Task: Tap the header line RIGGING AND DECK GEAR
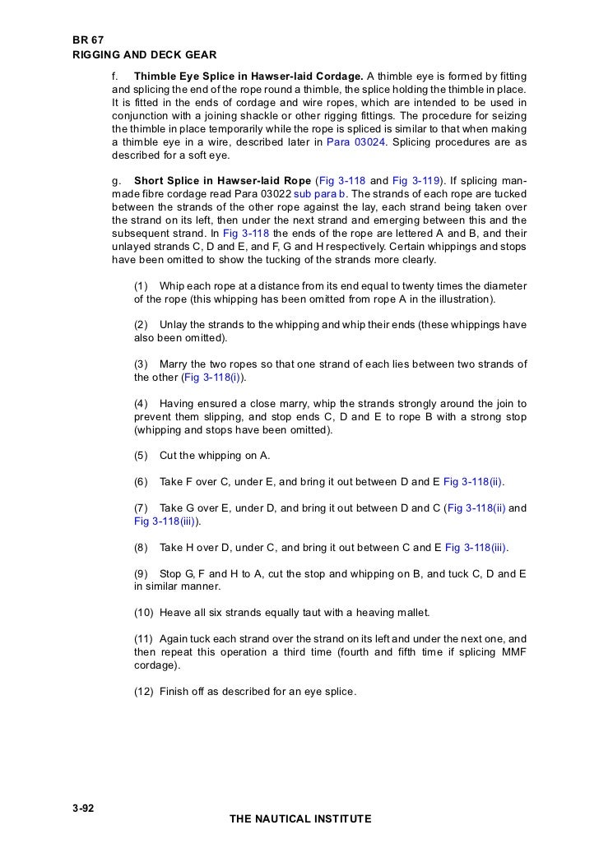click(144, 55)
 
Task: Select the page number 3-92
click(84, 808)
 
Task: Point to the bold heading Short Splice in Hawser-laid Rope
click(222, 180)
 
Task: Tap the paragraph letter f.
click(114, 76)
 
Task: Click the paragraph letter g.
click(114, 180)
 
